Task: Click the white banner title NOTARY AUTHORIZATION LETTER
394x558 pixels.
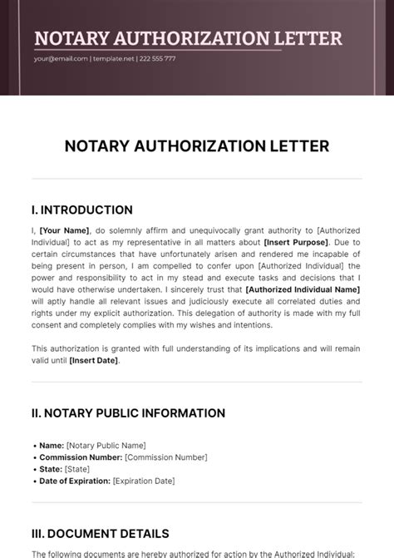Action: coord(188,38)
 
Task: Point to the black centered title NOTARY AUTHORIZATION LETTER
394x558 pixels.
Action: coord(197,146)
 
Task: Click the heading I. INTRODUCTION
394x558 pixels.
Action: coord(81,210)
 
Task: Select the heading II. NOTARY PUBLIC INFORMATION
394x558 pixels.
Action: coord(128,412)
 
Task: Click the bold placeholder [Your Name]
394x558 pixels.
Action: coord(63,230)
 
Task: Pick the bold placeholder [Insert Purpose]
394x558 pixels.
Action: coord(294,240)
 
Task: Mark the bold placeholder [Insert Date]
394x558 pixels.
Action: coord(96,360)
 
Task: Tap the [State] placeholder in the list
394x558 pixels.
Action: coord(77,469)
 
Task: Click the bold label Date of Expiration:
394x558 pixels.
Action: coord(75,481)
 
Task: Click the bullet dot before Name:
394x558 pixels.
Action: coord(34,446)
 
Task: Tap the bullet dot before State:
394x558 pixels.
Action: coord(34,469)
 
